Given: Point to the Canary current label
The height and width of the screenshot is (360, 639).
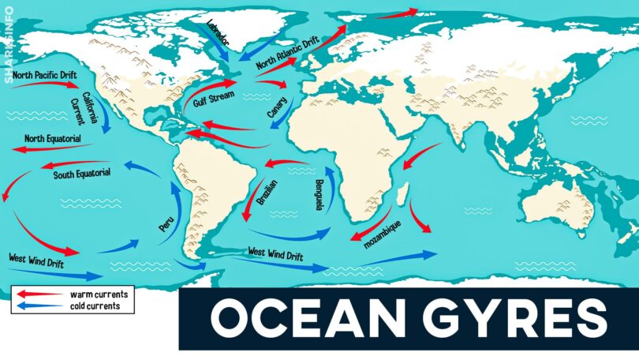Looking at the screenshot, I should (278, 108).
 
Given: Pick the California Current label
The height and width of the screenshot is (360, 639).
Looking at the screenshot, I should (84, 109).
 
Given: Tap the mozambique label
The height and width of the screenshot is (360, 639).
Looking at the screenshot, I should (383, 234).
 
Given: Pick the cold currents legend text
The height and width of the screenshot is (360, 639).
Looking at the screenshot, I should (95, 306).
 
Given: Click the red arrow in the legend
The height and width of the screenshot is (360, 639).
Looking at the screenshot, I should (38, 294).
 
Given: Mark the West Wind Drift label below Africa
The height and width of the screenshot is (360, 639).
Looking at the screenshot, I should (275, 254).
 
